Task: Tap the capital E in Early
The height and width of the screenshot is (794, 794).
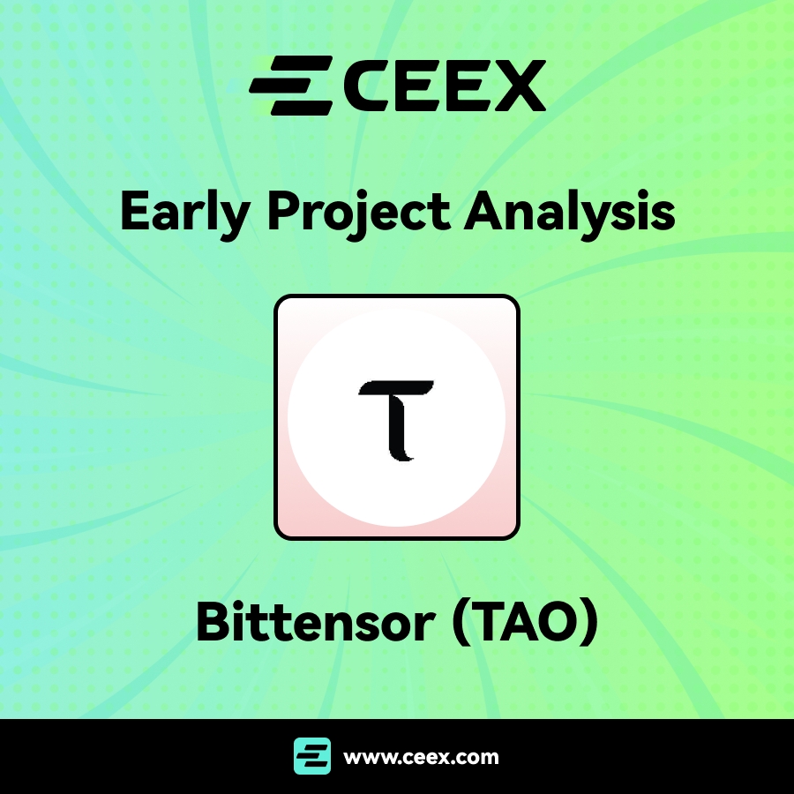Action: [135, 212]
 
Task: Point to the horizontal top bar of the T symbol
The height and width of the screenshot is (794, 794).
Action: [396, 388]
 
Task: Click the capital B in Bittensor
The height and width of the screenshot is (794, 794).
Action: [213, 623]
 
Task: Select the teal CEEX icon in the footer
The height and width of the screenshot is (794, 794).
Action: [312, 756]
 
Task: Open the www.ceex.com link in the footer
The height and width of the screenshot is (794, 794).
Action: [421, 757]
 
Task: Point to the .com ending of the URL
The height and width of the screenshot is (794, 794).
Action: [477, 757]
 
